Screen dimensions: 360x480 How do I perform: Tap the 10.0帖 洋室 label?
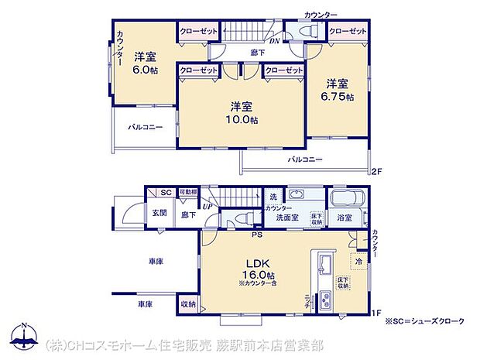click(242, 113)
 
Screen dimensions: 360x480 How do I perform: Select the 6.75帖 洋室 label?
click(338, 91)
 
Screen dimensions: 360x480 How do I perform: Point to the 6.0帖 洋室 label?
click(145, 63)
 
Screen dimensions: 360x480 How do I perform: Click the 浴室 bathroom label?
click(345, 218)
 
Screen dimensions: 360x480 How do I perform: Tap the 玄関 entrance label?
click(159, 213)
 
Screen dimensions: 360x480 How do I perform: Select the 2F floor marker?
click(377, 171)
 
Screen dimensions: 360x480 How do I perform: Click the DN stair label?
click(274, 41)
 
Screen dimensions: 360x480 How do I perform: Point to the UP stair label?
click(207, 206)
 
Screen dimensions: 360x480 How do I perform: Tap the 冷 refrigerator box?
click(358, 262)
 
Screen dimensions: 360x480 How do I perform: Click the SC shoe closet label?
click(165, 193)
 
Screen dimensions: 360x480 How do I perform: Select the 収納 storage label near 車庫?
click(188, 305)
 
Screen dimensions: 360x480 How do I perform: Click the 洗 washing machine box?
click(273, 196)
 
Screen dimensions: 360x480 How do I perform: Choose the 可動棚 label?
click(187, 192)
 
